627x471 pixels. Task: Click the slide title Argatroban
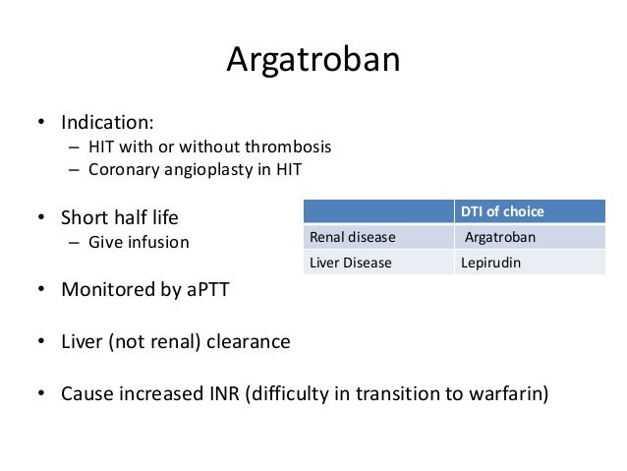coord(313,60)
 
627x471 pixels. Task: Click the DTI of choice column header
coord(502,211)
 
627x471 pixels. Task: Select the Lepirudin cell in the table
coord(490,263)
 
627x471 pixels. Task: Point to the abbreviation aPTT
coord(211,290)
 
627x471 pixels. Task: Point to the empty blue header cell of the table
coord(378,211)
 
